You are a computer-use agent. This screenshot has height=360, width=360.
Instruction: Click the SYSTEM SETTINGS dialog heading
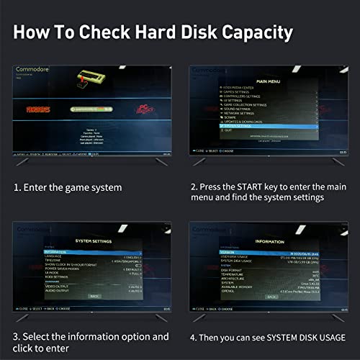[x=94, y=240]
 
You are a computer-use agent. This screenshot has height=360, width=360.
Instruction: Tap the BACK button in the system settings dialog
[x=94, y=295]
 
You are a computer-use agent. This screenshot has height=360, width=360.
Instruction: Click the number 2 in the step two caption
[x=194, y=186]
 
